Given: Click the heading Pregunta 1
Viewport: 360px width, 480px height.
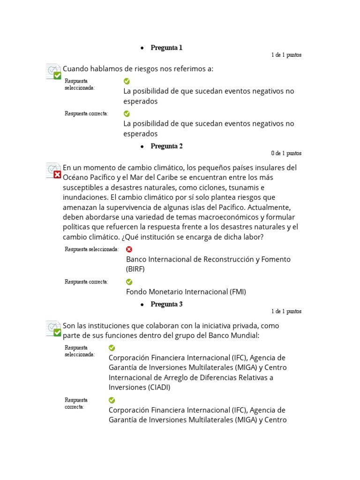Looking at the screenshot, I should pyautogui.click(x=166, y=48).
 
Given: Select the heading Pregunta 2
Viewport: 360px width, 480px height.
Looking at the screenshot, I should pyautogui.click(x=166, y=146).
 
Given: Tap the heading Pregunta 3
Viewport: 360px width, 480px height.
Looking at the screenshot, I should pyautogui.click(x=166, y=304).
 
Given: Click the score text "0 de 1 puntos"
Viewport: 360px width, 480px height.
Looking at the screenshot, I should pyautogui.click(x=286, y=153).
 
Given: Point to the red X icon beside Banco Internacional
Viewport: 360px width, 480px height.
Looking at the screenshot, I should pyautogui.click(x=129, y=249).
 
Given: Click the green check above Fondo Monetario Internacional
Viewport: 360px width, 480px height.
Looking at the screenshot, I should pyautogui.click(x=129, y=282).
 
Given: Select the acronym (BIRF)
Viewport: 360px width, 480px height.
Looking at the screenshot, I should pyautogui.click(x=135, y=269).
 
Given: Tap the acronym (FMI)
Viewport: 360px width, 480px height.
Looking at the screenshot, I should pyautogui.click(x=238, y=292).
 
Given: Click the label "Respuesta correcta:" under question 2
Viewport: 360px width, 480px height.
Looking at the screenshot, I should pyautogui.click(x=87, y=282).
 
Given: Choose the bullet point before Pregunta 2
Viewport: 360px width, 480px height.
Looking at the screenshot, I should pyautogui.click(x=142, y=147).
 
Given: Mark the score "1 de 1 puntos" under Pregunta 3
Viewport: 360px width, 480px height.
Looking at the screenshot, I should pyautogui.click(x=286, y=311).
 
